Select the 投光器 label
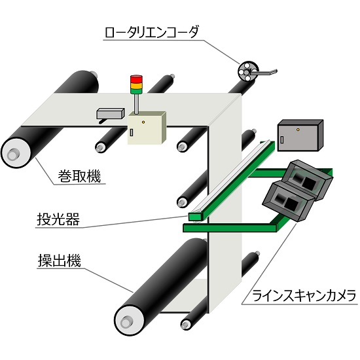click(x=58, y=220)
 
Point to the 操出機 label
click(x=58, y=261)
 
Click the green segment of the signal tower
click(x=136, y=90)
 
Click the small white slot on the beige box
click(x=131, y=133)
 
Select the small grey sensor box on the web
click(x=109, y=114)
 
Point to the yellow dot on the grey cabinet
click(x=298, y=130)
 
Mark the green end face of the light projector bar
click(x=194, y=215)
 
